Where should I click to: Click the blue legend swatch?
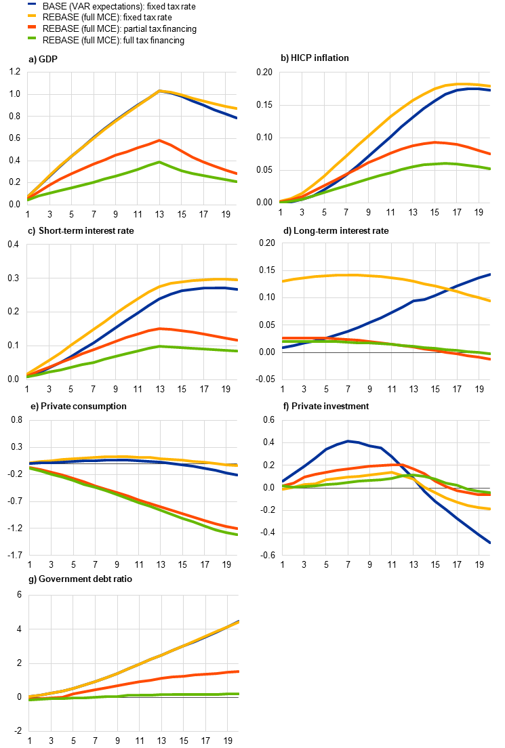(32, 4)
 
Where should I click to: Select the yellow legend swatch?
(32, 15)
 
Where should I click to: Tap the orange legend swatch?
(32, 26)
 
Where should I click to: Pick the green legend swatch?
(32, 38)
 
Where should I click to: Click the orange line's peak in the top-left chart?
(159, 140)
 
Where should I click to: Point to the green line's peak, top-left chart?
(159, 162)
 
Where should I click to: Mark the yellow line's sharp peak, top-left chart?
(159, 91)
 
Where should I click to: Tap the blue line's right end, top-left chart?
(236, 118)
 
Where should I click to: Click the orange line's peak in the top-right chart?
(436, 142)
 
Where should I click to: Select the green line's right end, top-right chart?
(489, 169)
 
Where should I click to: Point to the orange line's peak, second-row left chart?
(160, 329)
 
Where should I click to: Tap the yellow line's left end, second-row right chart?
(283, 280)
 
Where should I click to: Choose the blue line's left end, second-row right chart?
(283, 347)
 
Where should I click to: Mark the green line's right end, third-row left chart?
(237, 535)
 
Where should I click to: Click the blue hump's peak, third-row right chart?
(349, 441)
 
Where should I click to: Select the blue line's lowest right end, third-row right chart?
(489, 542)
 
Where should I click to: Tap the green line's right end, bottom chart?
(238, 694)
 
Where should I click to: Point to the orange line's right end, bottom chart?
(238, 671)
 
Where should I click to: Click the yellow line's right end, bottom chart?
(238, 622)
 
